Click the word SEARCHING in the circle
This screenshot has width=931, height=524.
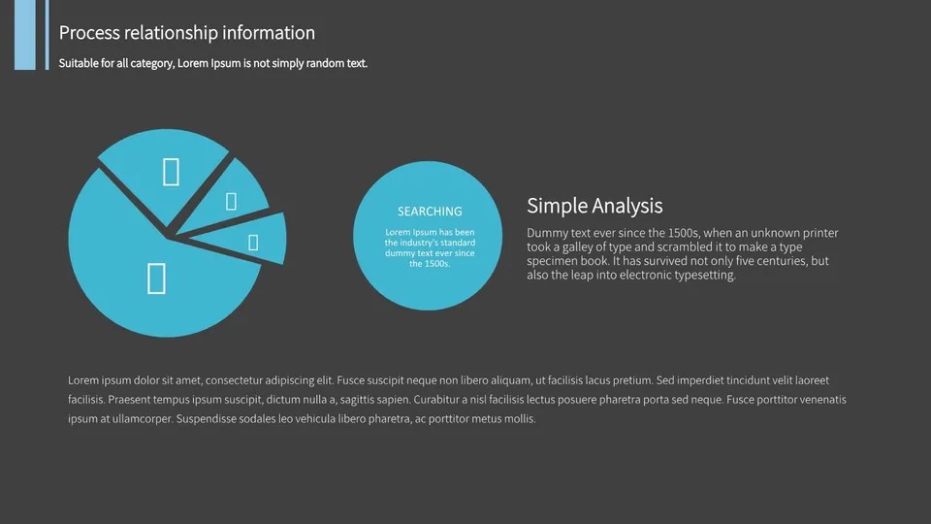[430, 212]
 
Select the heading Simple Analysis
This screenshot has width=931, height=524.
[594, 206]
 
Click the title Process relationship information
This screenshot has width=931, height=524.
[186, 33]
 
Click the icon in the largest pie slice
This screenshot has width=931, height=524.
[156, 278]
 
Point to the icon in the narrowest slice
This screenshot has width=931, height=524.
[253, 243]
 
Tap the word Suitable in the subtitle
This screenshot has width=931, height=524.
[78, 64]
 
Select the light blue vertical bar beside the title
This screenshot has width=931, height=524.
[24, 35]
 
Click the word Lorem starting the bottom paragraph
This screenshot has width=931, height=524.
[83, 380]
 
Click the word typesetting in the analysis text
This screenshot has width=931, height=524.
[702, 275]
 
